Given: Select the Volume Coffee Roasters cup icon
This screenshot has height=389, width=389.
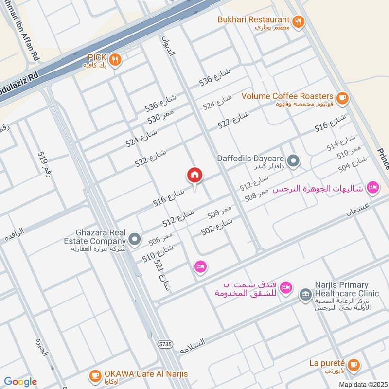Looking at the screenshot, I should pyautogui.click(x=342, y=97).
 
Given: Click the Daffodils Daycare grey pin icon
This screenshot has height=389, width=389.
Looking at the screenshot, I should pyautogui.click(x=293, y=159).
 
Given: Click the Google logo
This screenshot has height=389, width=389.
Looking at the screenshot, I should pyautogui.click(x=20, y=382).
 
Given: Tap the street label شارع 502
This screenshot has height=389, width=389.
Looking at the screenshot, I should pyautogui.click(x=217, y=227).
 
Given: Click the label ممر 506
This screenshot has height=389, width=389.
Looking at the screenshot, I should pyautogui.click(x=160, y=239).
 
